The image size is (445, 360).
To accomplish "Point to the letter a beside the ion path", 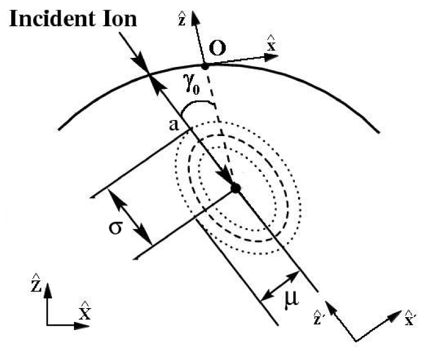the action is pyautogui.click(x=174, y=125).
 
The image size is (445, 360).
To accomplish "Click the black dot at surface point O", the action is pyautogui.click(x=204, y=66).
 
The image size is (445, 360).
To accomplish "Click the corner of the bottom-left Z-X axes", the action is pyautogui.click(x=48, y=324).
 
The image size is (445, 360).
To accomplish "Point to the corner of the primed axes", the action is pyautogui.click(x=355, y=340).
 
